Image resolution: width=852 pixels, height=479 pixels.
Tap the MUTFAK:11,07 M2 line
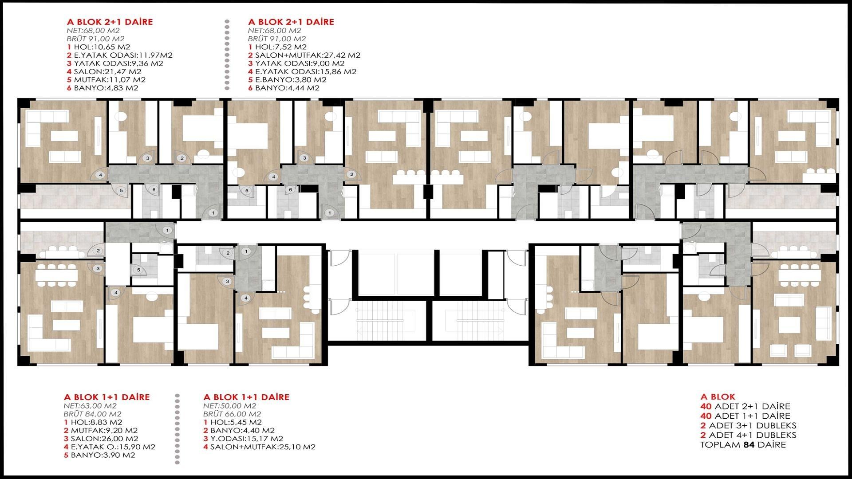click(x=110, y=80)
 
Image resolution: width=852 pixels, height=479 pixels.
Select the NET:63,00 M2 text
click(x=90, y=406)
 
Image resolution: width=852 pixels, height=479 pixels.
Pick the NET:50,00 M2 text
click(x=230, y=406)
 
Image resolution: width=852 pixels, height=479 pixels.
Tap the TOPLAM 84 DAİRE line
click(x=743, y=445)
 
